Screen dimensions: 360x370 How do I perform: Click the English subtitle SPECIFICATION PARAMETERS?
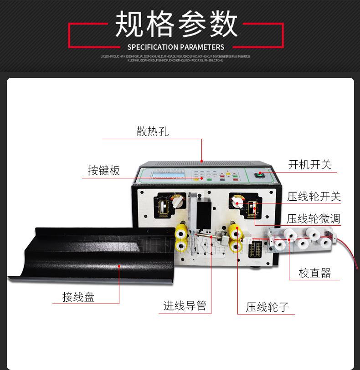(176, 47)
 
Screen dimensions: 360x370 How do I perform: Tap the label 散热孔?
(152, 132)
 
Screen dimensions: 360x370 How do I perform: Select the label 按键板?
(104, 171)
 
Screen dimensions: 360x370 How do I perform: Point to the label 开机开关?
(310, 165)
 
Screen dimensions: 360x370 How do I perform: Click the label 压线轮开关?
(314, 197)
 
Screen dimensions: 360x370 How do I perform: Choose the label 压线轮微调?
(314, 219)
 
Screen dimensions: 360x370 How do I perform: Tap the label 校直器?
(314, 273)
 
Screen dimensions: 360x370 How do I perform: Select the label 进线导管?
(185, 306)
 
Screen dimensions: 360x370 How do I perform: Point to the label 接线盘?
(78, 298)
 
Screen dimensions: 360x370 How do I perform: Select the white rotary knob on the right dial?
(237, 201)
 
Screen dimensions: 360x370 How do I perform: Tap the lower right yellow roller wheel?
(236, 247)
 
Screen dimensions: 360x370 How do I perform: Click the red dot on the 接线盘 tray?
(119, 268)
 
